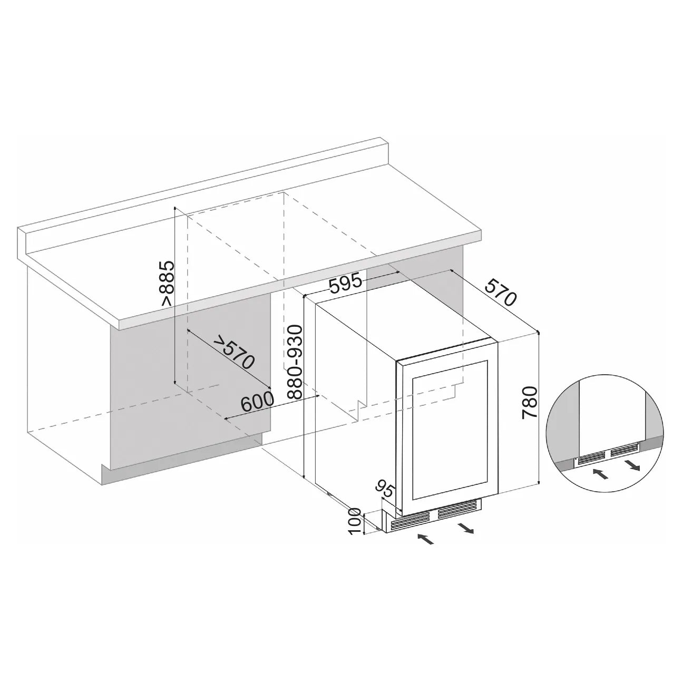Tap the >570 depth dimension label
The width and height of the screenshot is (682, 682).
point(234,352)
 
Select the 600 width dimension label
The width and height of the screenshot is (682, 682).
point(257,403)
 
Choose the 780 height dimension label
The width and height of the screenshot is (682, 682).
point(530,403)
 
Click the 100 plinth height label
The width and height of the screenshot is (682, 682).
point(355,521)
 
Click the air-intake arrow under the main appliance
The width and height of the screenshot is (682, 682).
point(426,539)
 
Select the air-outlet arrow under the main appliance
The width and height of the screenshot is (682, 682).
point(465,528)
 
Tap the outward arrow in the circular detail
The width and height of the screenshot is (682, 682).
point(632,464)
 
